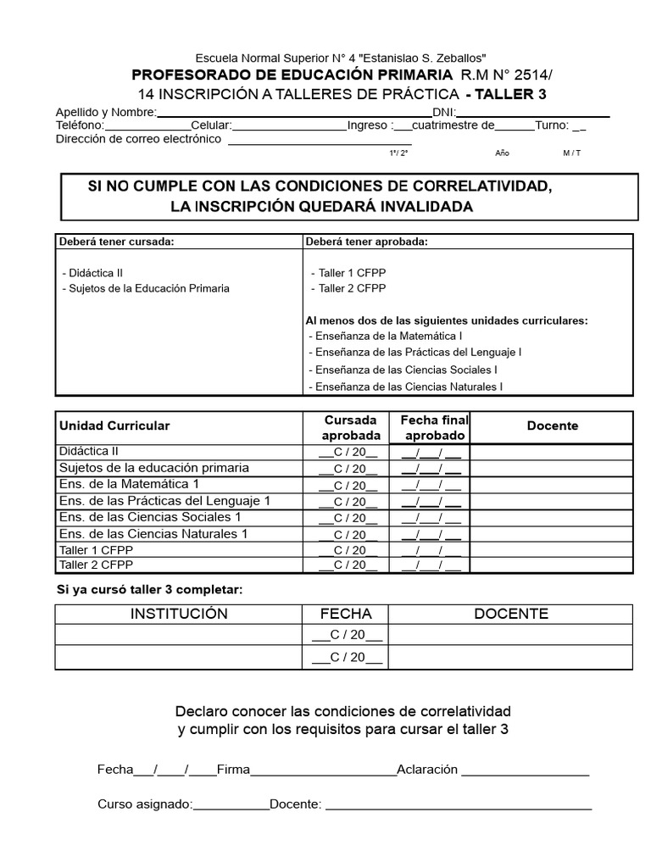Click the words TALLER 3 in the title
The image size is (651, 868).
(x=512, y=94)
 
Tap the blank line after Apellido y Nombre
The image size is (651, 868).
(x=294, y=113)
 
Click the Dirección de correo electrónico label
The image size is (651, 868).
(x=138, y=139)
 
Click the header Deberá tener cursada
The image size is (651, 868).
(x=116, y=242)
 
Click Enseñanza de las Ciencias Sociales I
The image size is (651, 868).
(x=404, y=370)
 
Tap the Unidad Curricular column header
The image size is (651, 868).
(x=114, y=426)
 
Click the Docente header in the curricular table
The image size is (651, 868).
(x=552, y=426)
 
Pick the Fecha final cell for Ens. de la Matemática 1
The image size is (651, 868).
(x=431, y=485)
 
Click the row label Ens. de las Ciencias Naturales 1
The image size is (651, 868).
(x=153, y=534)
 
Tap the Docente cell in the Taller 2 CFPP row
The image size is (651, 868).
(x=552, y=565)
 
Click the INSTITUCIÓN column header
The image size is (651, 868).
(x=179, y=614)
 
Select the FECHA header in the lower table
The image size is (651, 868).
(x=346, y=614)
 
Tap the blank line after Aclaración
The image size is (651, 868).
(x=525, y=770)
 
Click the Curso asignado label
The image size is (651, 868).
(x=145, y=804)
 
